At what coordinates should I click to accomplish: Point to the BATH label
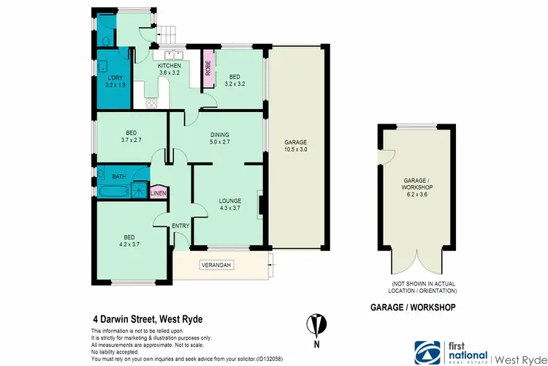[x=119, y=176]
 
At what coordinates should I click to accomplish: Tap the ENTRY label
[x=180, y=226]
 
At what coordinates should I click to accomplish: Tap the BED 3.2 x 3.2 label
[x=235, y=79]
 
